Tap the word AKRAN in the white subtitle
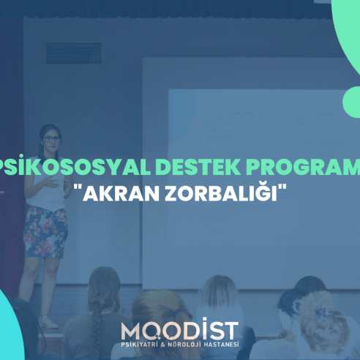[x=121, y=194]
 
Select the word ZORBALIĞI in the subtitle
[x=221, y=192]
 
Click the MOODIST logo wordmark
[x=180, y=329]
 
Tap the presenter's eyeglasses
[x=52, y=139]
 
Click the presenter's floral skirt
[x=45, y=232]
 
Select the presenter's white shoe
[x=48, y=321]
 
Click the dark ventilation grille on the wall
[x=74, y=53]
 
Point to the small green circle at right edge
[x=351, y=102]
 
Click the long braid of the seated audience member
[x=97, y=324]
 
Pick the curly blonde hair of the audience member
[x=322, y=320]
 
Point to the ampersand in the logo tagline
[x=163, y=345]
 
